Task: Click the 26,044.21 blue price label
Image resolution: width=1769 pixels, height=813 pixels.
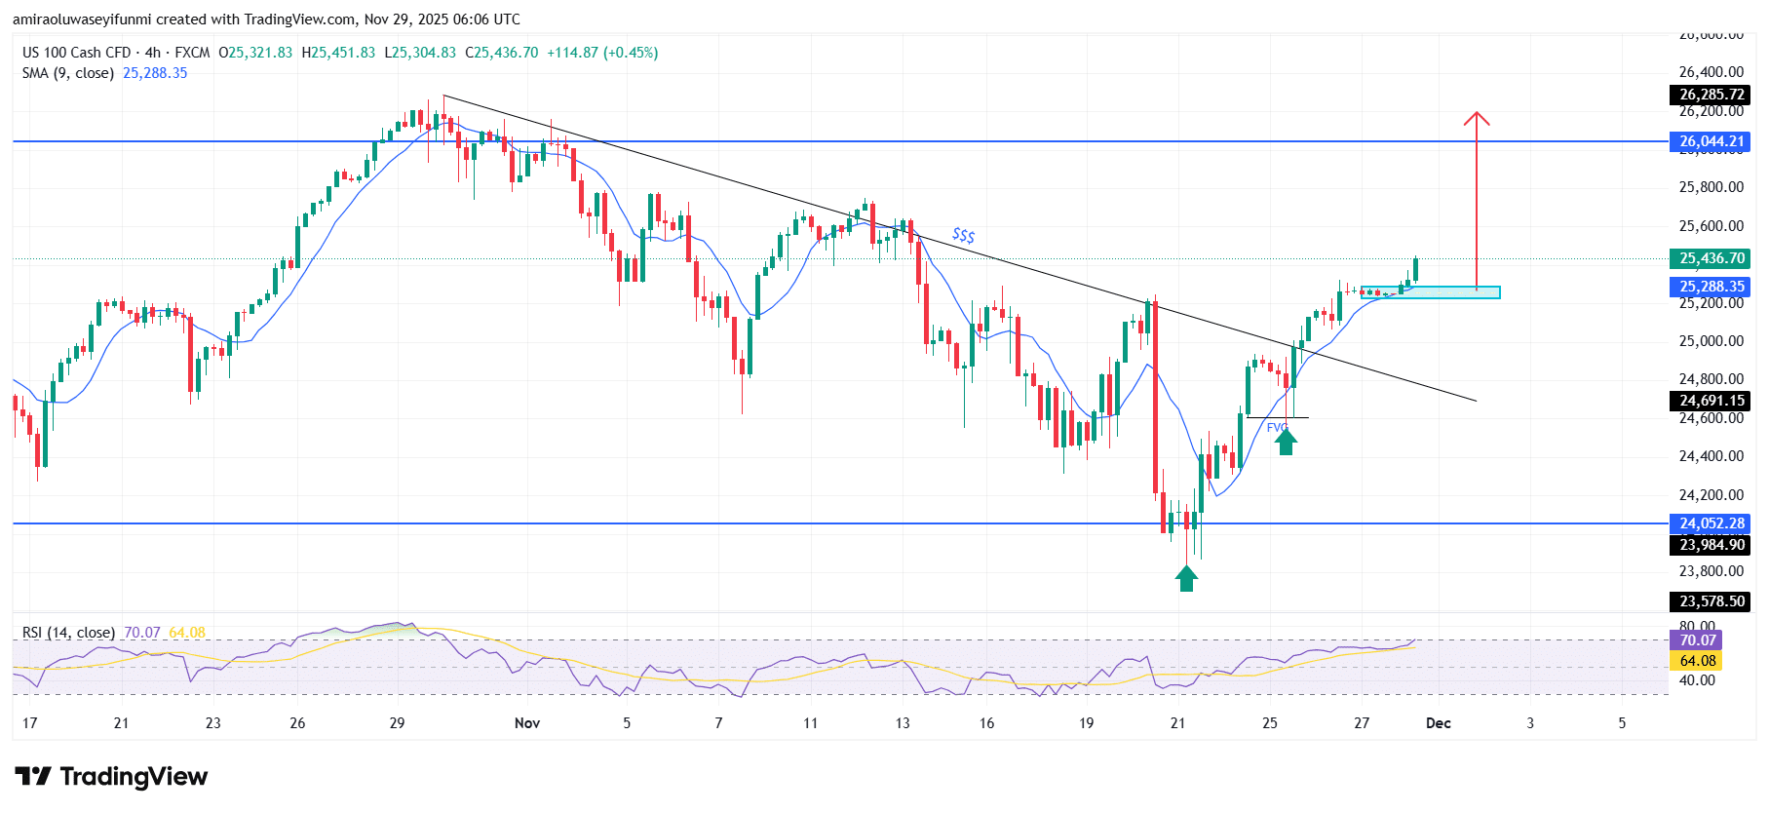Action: pos(1711,141)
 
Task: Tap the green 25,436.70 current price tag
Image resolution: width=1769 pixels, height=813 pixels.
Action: pos(1711,258)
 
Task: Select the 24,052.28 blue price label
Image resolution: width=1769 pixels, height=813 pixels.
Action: pos(1711,523)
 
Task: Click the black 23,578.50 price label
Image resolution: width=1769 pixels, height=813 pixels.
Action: pos(1711,601)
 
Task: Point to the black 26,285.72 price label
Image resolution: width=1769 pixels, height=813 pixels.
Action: pos(1711,95)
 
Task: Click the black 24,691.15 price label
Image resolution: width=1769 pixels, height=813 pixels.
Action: pos(1711,401)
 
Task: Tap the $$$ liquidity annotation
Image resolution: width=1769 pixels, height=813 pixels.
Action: pos(963,235)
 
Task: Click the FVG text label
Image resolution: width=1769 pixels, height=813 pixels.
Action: pos(1277,427)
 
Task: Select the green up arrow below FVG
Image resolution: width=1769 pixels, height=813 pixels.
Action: pos(1286,443)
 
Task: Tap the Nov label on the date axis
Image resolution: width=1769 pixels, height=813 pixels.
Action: pos(526,723)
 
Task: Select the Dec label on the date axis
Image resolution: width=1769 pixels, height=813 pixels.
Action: pos(1438,723)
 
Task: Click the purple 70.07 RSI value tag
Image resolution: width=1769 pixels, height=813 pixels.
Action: pos(1696,640)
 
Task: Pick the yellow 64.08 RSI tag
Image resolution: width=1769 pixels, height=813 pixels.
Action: pos(1696,661)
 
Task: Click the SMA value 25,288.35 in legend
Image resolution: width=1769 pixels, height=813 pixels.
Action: pos(155,73)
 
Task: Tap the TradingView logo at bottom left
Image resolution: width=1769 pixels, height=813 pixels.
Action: pos(111,777)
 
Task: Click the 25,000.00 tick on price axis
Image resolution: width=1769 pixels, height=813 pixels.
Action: pos(1711,341)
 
